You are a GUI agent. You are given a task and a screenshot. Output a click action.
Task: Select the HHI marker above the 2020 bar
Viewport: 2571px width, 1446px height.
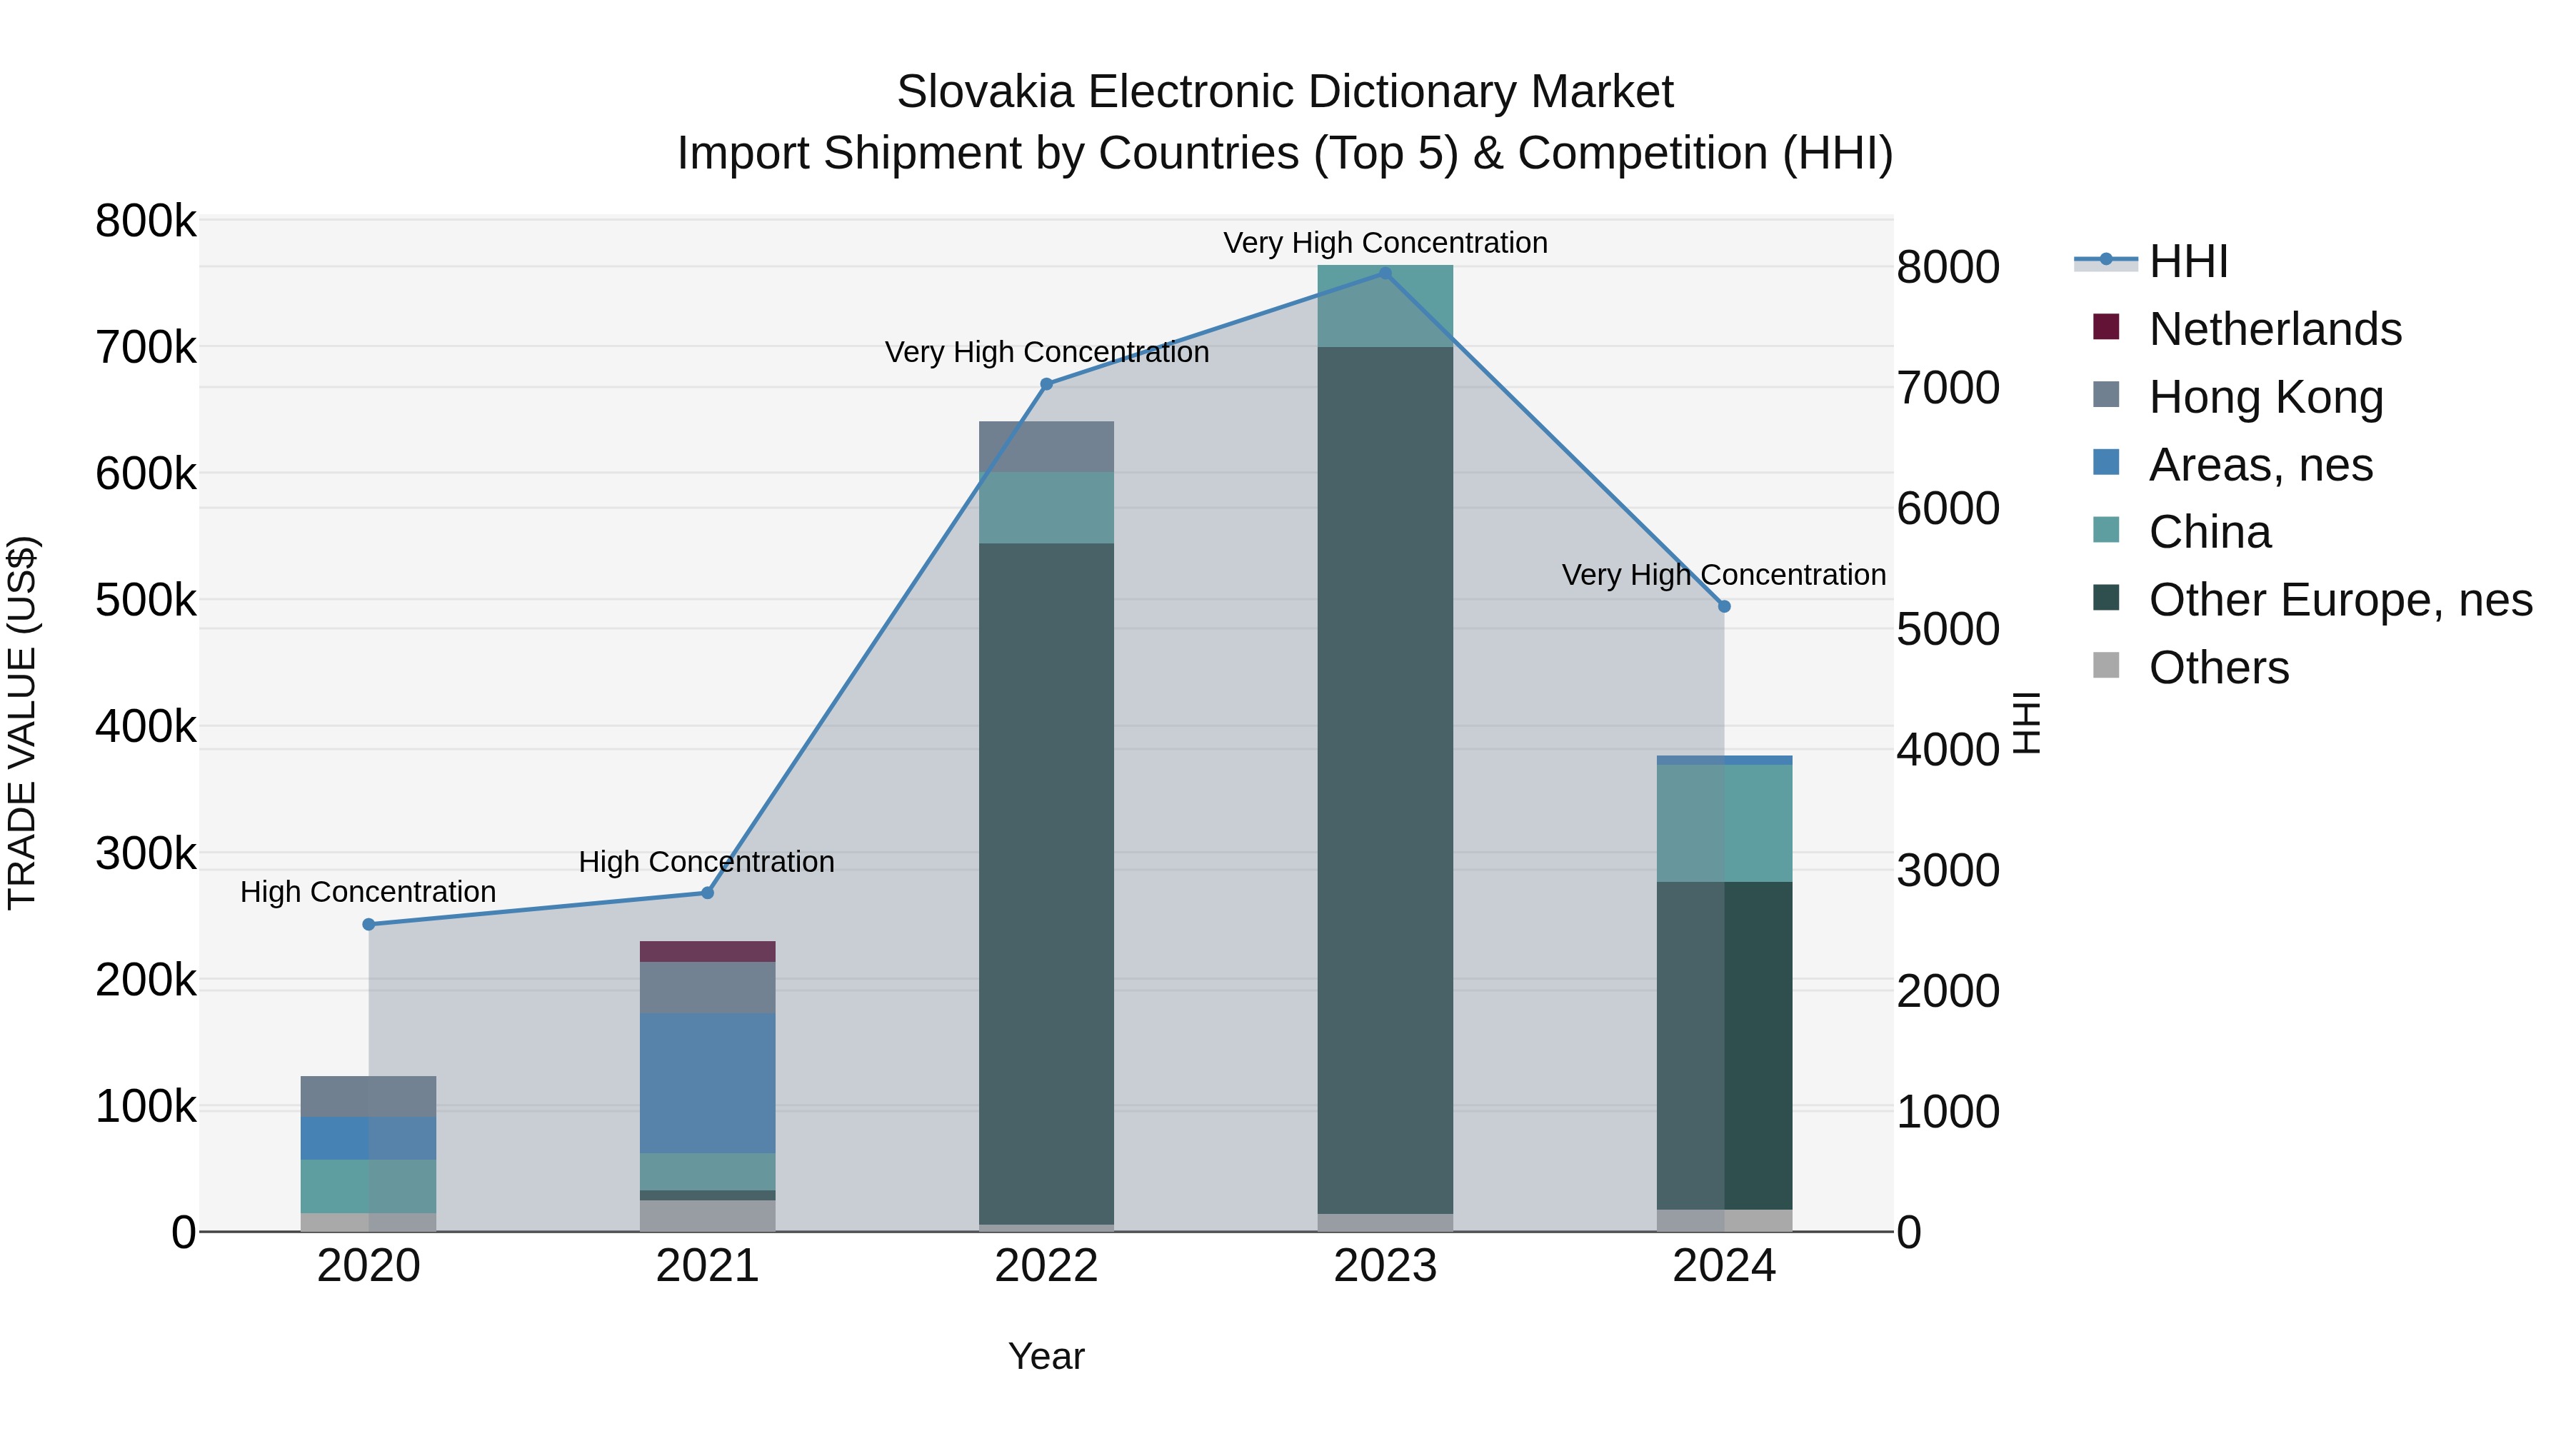point(369,924)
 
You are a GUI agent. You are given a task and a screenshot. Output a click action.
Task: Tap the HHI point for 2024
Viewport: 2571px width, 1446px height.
point(1724,607)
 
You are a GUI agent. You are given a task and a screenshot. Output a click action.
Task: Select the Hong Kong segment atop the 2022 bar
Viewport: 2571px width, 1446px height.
point(1046,446)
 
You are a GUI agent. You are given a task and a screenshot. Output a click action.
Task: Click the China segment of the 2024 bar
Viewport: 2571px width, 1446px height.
point(1724,823)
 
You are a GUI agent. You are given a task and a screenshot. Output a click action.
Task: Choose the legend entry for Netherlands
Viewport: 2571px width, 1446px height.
point(2274,329)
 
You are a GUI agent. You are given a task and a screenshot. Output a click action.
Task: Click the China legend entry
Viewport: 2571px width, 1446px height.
point(2209,532)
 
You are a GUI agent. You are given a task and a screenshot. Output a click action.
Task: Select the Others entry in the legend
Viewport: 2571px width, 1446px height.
point(2217,668)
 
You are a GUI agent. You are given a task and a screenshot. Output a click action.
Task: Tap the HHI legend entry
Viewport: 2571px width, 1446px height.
point(2187,261)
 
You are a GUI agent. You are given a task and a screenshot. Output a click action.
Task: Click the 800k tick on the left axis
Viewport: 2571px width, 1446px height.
point(146,221)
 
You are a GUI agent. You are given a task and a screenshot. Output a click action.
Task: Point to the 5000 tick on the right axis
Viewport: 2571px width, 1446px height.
point(1948,630)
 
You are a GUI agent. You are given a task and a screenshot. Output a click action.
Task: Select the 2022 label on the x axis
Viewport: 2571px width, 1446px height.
point(1046,1266)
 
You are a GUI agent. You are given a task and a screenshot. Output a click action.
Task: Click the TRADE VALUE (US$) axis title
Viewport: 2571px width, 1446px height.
point(22,723)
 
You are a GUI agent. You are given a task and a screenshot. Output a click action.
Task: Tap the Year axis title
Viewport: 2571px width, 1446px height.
point(1046,1356)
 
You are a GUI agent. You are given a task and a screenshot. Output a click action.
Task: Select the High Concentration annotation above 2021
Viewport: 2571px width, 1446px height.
point(706,861)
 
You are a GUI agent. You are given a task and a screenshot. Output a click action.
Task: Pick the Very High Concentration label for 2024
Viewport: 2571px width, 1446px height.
point(1724,575)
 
